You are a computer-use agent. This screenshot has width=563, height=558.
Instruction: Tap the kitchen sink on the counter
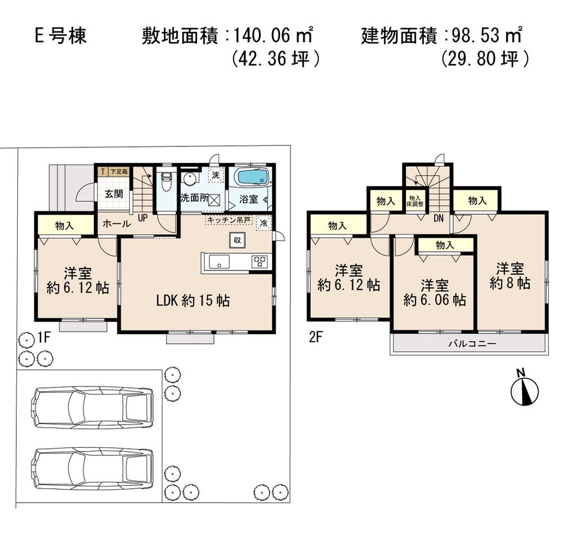tap(219, 262)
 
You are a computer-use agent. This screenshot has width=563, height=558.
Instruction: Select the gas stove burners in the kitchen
tap(260, 262)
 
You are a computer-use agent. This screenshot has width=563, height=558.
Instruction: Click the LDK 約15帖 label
tap(193, 301)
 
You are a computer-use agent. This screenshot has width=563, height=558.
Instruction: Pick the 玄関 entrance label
tap(114, 194)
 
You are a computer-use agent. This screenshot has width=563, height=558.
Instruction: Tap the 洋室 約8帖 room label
tap(510, 275)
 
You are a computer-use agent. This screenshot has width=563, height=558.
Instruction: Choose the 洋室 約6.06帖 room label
tap(434, 292)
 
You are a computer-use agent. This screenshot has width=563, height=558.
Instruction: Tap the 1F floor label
tap(44, 338)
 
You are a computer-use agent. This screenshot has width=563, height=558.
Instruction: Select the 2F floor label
tap(315, 338)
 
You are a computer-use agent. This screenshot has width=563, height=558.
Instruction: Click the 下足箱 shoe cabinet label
tap(119, 170)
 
